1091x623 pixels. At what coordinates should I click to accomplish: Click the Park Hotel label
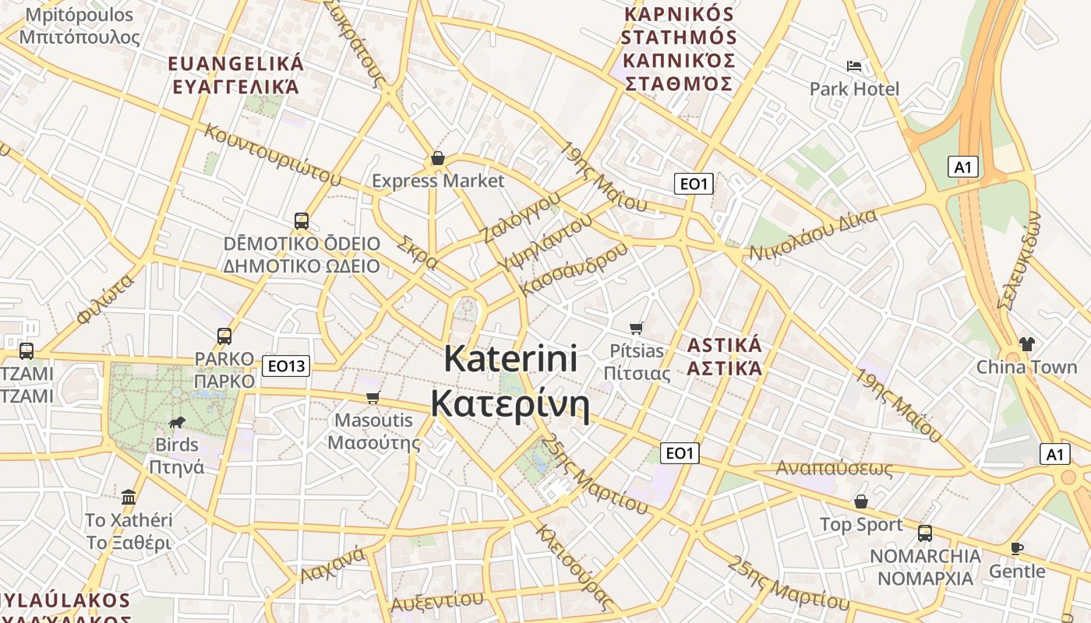click(854, 89)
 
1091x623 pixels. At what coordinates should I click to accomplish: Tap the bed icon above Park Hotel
click(854, 65)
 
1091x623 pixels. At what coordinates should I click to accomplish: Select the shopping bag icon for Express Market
click(438, 158)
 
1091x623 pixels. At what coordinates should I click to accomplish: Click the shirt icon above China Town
click(1026, 343)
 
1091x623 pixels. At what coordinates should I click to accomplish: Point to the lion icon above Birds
click(177, 423)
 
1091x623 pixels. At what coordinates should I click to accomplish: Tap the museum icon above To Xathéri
click(129, 496)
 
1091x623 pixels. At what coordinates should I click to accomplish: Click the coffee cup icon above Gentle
click(1017, 548)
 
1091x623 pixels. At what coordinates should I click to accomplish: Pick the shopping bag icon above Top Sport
click(861, 502)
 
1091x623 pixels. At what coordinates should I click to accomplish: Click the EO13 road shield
click(286, 365)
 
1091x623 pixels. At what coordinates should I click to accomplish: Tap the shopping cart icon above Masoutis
click(373, 397)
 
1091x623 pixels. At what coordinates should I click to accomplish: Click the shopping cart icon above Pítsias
click(637, 328)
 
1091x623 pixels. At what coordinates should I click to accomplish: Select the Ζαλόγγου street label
click(521, 217)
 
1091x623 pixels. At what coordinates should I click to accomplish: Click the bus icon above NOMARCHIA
click(925, 533)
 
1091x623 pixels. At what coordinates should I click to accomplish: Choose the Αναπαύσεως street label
click(834, 469)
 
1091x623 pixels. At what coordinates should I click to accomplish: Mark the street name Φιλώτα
click(106, 298)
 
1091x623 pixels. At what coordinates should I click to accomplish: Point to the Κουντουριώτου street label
click(272, 154)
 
